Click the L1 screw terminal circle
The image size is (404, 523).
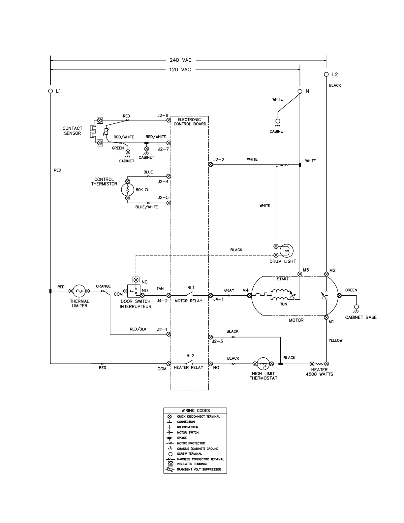[50, 91]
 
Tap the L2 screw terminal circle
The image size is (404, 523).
[326, 74]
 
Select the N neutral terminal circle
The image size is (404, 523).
[300, 91]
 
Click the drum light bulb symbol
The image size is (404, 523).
[286, 251]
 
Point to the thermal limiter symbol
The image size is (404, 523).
[79, 291]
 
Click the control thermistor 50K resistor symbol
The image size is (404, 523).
[128, 190]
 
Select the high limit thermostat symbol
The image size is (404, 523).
[263, 364]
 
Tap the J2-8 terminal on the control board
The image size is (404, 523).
[169, 120]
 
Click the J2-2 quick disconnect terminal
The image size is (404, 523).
[210, 165]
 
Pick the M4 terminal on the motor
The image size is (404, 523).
[249, 295]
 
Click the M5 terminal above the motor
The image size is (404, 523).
[300, 274]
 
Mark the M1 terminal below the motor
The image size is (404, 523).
[326, 317]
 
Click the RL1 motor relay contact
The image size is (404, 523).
[189, 294]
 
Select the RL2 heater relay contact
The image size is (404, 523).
[189, 362]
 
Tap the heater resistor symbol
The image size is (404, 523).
[319, 364]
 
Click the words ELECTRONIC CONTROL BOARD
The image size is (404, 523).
[190, 122]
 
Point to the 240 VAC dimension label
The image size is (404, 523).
[181, 60]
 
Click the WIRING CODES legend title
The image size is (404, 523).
[196, 410]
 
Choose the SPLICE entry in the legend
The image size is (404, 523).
[182, 438]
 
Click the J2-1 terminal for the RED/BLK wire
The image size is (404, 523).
[169, 334]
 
